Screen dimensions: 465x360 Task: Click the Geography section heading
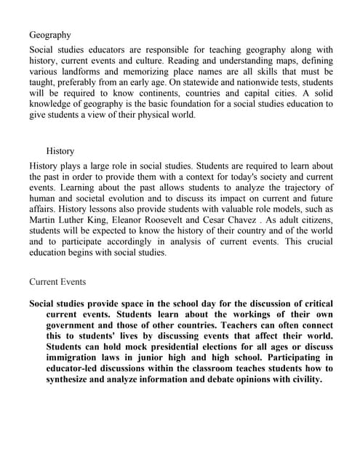50,34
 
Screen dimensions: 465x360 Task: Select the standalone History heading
60,151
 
